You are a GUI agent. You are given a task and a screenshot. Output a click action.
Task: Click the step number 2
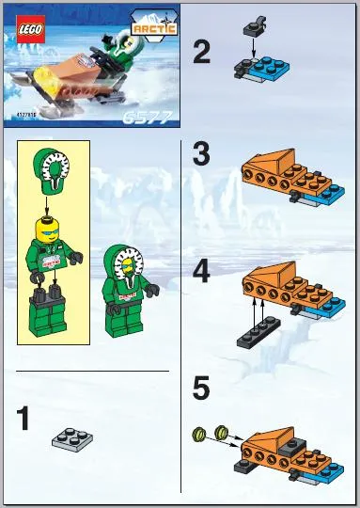point(201,52)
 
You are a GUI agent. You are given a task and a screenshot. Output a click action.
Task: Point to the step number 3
point(201,154)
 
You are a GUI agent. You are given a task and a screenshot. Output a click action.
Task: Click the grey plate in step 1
point(71,437)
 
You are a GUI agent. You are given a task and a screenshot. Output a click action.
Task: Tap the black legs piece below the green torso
point(47,309)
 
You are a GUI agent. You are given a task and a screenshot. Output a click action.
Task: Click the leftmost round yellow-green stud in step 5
point(199,433)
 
